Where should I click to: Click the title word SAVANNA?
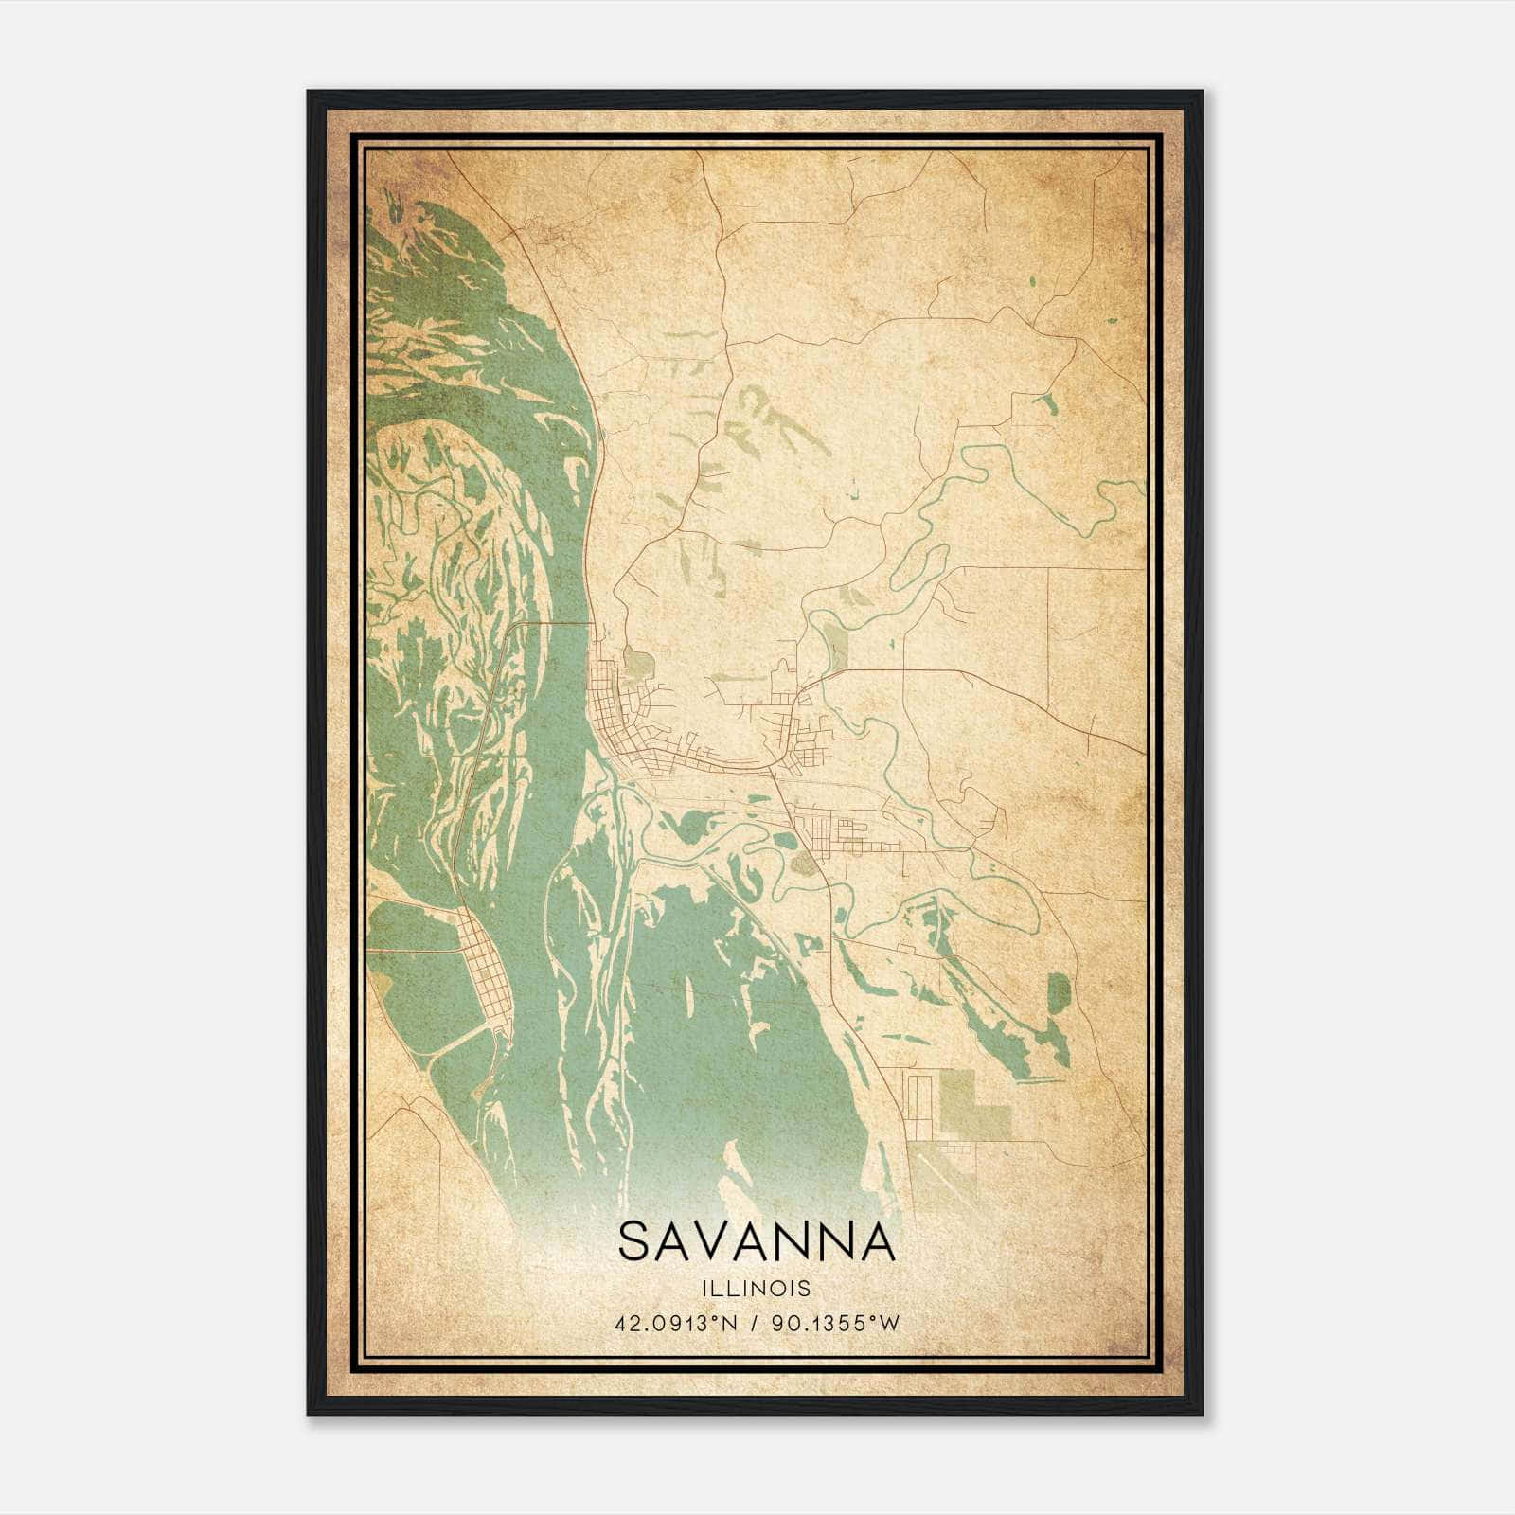tap(757, 1241)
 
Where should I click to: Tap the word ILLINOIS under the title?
tap(757, 1289)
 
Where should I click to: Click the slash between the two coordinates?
tap(755, 1324)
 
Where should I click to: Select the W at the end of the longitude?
tap(888, 1324)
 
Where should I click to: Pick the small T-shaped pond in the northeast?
tap(1048, 402)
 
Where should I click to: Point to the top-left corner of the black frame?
tap(309, 93)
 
